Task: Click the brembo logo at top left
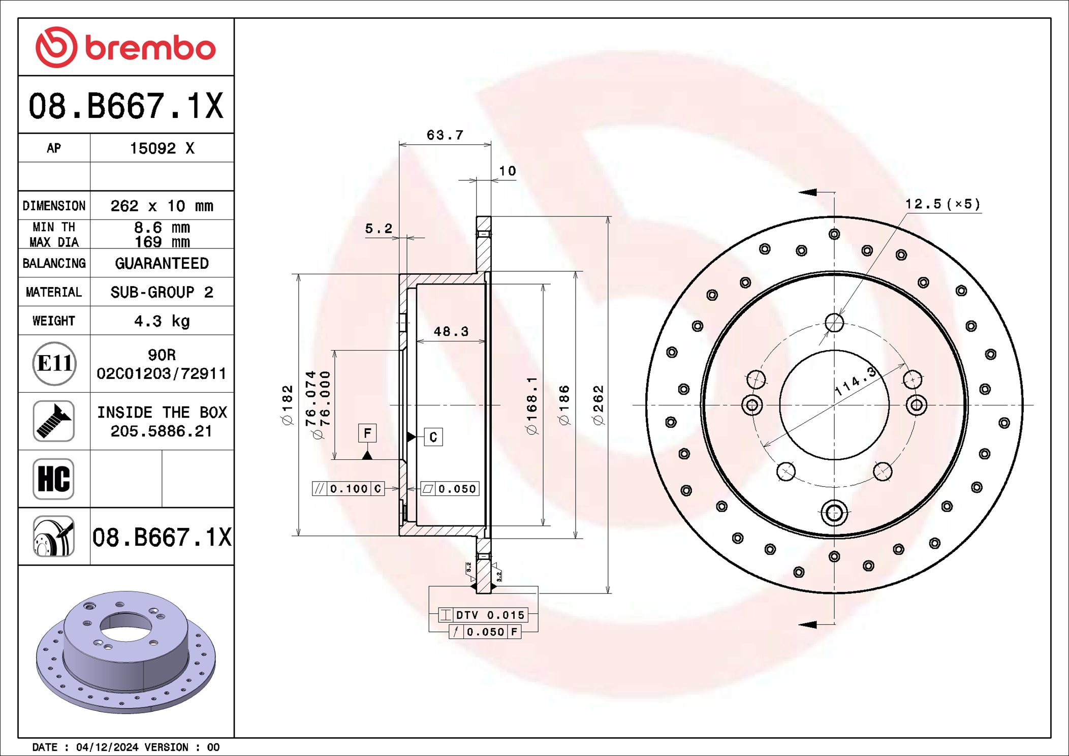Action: (125, 47)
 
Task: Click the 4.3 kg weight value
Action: (162, 321)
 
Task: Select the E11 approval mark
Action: (54, 363)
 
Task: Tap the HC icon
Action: (54, 479)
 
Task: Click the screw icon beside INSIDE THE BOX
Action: (54, 421)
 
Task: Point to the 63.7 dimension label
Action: (445, 135)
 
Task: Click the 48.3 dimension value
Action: (451, 332)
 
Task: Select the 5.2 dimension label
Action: (379, 229)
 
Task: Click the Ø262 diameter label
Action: (599, 405)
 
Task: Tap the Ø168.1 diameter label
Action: (531, 405)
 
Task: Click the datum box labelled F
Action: (367, 433)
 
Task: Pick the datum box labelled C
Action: (433, 437)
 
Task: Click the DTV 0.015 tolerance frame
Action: (483, 615)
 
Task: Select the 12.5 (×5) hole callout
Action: (942, 204)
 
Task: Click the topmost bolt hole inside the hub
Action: (834, 322)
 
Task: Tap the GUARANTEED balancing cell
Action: (162, 263)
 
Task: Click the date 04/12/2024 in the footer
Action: (107, 747)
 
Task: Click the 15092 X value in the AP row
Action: (162, 148)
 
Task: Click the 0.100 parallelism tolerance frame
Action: (348, 489)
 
